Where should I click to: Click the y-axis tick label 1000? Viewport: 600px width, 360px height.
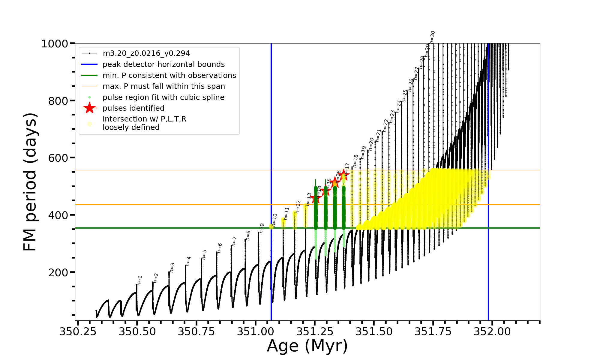[55, 44]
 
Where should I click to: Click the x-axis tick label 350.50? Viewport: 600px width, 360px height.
[137, 331]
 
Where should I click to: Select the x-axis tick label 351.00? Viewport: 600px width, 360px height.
[256, 331]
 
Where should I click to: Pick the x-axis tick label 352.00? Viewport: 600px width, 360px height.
[492, 331]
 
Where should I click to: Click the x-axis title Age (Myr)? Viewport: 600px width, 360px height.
[307, 346]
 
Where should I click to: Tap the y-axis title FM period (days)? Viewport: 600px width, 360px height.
[30, 182]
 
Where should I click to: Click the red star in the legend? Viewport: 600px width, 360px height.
[89, 108]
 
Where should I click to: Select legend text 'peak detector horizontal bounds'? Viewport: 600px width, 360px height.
[163, 64]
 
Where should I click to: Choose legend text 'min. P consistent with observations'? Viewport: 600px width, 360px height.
[169, 75]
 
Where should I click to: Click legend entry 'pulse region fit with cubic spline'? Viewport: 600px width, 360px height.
[163, 97]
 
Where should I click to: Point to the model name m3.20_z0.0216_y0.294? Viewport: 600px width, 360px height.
[146, 53]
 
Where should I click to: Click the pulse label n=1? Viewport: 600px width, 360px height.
[139, 280]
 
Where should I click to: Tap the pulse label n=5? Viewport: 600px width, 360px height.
[205, 254]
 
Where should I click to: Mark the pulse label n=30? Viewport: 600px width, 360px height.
[432, 37]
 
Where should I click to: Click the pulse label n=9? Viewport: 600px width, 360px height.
[262, 228]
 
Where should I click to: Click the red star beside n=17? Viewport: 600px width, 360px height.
[344, 175]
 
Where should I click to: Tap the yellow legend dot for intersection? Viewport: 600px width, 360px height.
[89, 124]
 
